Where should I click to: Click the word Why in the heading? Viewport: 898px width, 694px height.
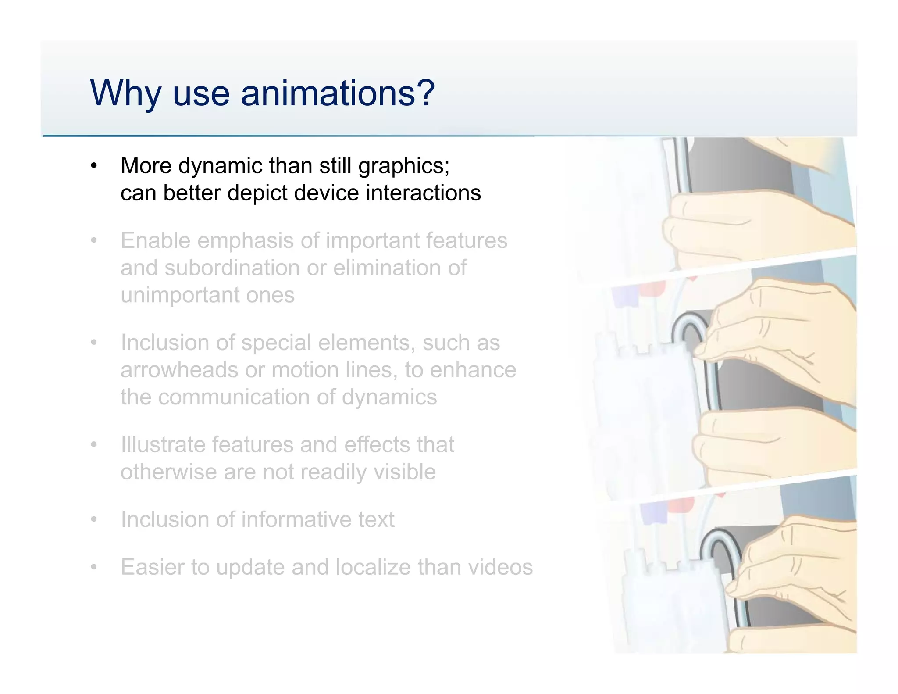point(125,93)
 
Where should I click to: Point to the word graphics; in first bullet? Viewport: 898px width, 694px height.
point(403,166)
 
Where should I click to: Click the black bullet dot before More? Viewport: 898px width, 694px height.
point(93,166)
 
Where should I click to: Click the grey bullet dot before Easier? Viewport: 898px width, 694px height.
point(93,567)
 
